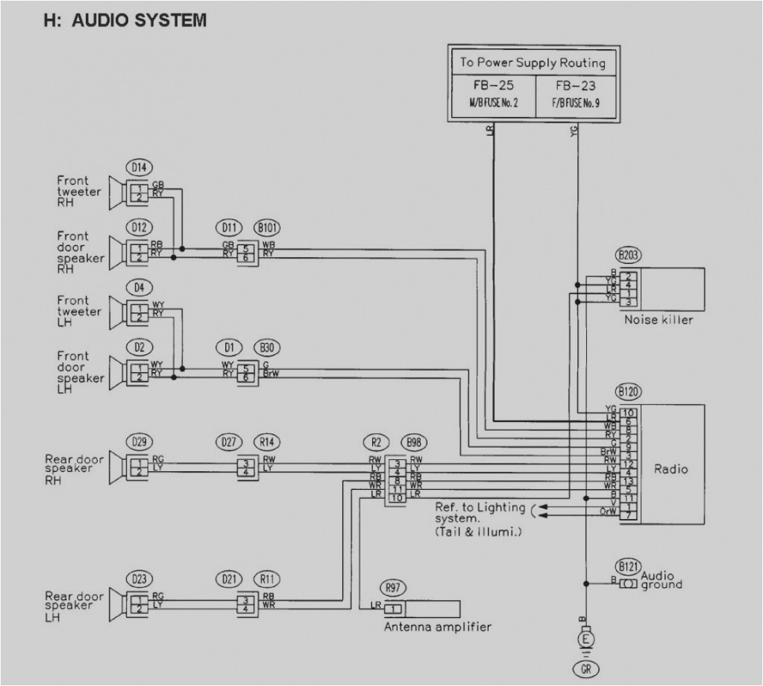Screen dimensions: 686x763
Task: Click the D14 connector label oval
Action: click(x=139, y=166)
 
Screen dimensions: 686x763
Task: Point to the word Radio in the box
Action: click(x=671, y=469)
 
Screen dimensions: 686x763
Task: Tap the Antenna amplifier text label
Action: click(x=437, y=627)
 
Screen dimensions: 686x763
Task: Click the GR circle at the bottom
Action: click(x=586, y=669)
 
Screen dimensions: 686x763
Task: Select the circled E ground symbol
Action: click(x=586, y=637)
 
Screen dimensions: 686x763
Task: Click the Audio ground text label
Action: click(x=662, y=580)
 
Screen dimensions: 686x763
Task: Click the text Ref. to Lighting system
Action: click(x=480, y=513)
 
